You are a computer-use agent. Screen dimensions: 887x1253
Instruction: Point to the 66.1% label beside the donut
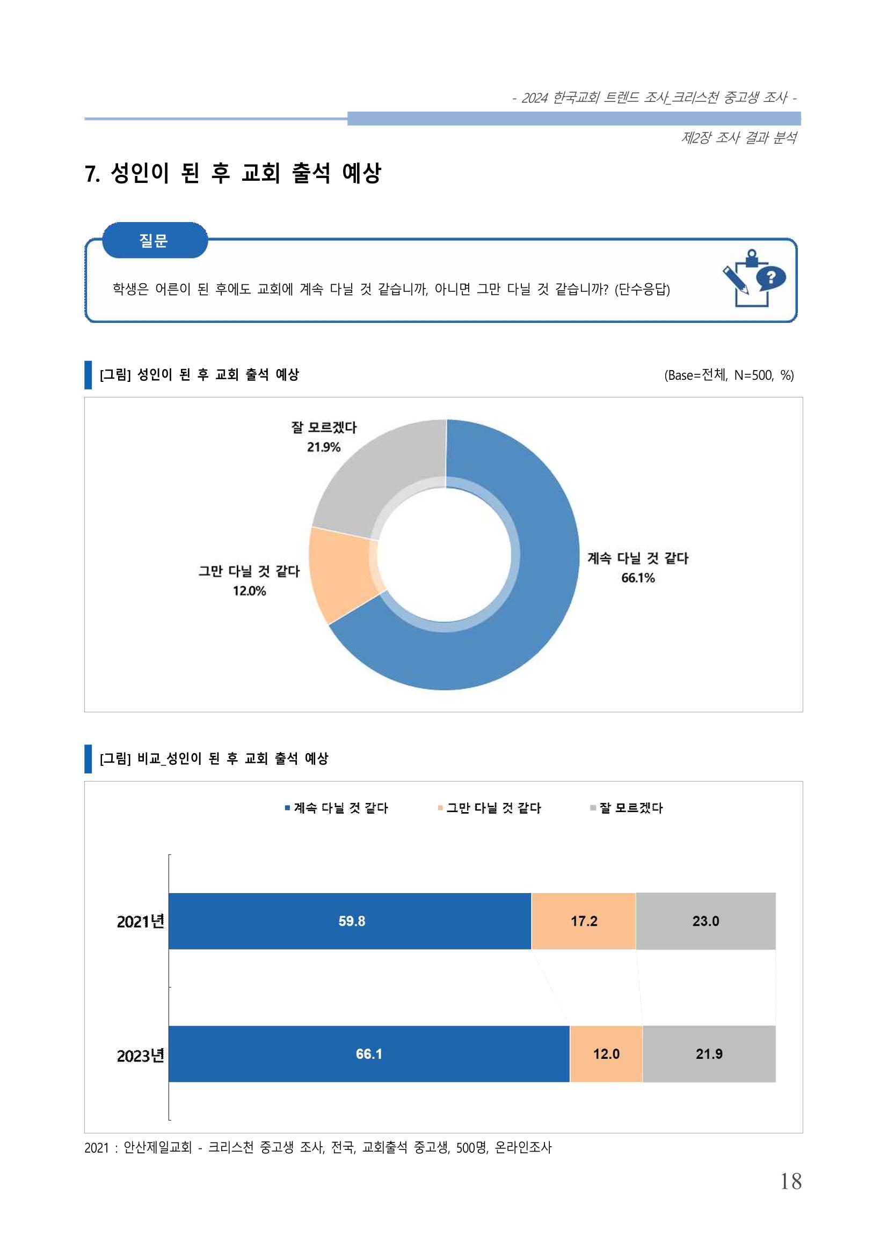(x=637, y=578)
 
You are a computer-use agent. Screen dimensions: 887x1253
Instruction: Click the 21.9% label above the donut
(x=323, y=447)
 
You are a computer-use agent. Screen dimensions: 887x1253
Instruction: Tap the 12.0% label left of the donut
(x=249, y=591)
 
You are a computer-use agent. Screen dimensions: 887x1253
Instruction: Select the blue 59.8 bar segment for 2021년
(x=350, y=921)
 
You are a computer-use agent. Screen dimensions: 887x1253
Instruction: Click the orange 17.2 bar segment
(x=584, y=921)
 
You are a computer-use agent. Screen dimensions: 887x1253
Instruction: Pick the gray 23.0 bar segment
(x=706, y=921)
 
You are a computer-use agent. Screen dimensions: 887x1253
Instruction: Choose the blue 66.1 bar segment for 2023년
(x=369, y=1054)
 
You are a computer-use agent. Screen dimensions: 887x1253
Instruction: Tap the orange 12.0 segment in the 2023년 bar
(x=606, y=1054)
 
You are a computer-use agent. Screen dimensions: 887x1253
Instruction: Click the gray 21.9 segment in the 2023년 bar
(x=709, y=1054)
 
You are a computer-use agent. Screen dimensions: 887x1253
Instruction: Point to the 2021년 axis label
(x=140, y=922)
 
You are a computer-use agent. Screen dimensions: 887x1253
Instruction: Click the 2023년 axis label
(x=140, y=1056)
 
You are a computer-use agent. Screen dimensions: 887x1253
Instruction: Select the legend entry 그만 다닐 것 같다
(x=489, y=808)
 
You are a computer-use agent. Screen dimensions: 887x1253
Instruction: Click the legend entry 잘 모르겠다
(x=627, y=808)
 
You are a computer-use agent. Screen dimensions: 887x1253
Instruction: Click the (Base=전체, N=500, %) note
(x=729, y=375)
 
